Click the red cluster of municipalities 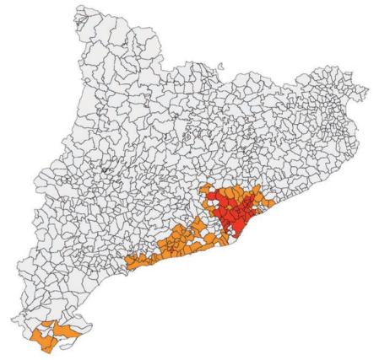(x=233, y=211)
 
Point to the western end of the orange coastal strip (x=127, y=264)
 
